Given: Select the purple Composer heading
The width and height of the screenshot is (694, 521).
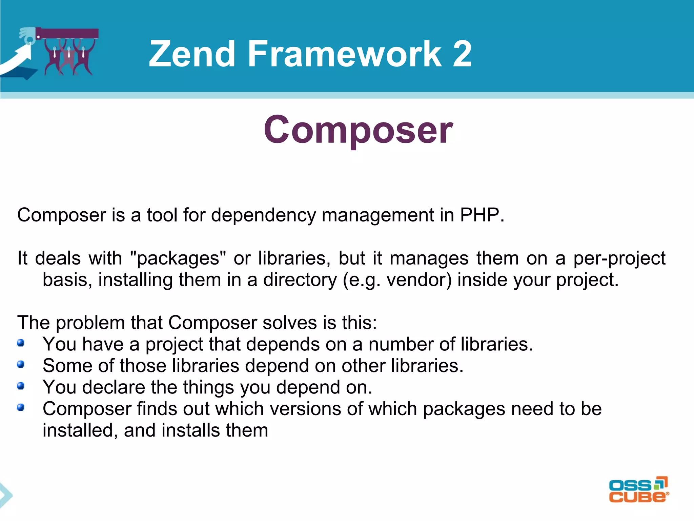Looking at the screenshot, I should [358, 130].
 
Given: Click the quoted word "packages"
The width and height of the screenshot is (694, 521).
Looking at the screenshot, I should [178, 258].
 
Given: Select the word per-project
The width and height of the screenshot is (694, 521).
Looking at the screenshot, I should [619, 258].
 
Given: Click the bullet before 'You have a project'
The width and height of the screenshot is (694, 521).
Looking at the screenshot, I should [21, 343].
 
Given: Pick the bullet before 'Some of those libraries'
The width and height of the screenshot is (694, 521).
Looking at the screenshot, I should [21, 364].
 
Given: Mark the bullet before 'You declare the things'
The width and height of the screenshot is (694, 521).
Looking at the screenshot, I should [21, 386].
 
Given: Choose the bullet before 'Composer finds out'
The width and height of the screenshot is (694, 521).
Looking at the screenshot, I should [21, 407].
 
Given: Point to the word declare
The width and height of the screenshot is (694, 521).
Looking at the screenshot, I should [114, 387].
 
